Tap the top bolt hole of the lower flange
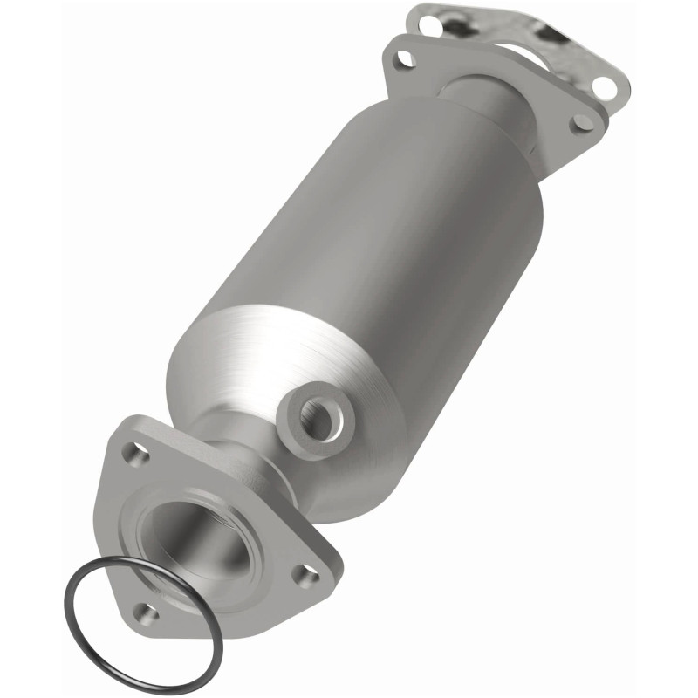pos(132,453)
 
